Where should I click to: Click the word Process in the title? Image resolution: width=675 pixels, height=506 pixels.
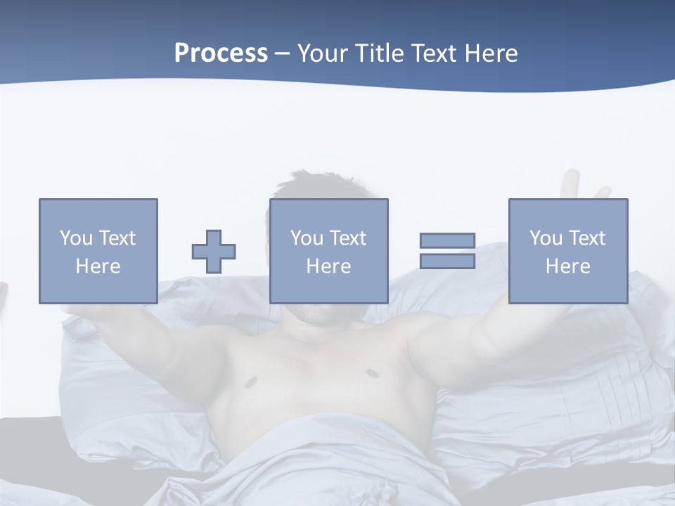point(221,53)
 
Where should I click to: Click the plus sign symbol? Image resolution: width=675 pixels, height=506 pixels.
point(214,252)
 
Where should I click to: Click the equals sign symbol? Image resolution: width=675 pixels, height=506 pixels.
point(447,251)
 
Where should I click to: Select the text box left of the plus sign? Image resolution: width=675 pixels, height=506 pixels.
point(98,251)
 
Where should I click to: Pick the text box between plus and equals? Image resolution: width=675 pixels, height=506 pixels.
point(328,251)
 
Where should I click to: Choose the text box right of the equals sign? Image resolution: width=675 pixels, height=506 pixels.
point(568,251)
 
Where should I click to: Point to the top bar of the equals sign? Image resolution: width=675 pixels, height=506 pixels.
point(447,241)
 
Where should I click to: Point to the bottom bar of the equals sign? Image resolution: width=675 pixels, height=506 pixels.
point(447,261)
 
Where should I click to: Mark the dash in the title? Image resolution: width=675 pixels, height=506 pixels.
point(282,53)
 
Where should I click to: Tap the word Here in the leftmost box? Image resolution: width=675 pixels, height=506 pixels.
point(98,266)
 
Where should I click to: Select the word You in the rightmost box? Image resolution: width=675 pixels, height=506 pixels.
point(546,238)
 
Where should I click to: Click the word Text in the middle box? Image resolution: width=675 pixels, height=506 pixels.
point(349,238)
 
